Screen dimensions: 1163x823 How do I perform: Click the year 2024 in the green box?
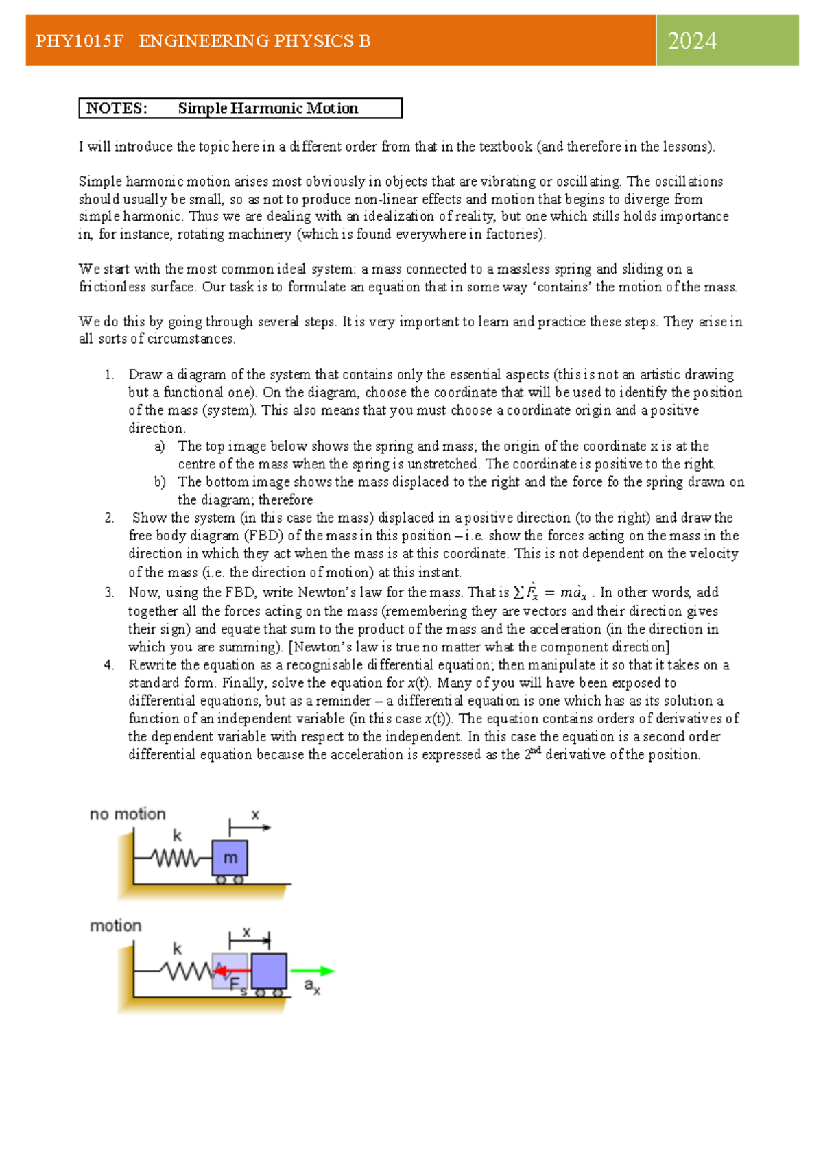point(692,41)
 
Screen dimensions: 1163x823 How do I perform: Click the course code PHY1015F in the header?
point(80,41)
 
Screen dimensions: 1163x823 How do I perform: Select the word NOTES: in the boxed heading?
point(117,108)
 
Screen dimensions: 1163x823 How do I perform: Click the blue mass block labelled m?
point(230,858)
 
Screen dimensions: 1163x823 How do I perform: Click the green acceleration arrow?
point(312,971)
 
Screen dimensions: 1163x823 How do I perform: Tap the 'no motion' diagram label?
point(128,815)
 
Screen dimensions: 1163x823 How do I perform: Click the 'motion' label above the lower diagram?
point(115,926)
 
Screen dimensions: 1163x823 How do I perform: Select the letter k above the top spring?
point(177,836)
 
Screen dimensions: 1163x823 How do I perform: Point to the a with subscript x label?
point(311,987)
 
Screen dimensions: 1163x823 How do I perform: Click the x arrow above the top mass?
point(250,827)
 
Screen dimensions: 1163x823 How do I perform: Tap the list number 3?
point(109,592)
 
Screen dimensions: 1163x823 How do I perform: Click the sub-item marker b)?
point(160,482)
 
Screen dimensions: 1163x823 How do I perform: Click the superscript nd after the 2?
point(536,751)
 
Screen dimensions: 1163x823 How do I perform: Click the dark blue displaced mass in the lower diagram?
point(269,971)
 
